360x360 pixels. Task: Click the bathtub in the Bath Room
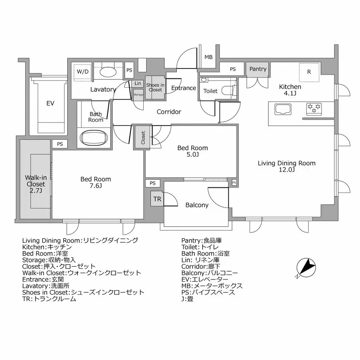pyautogui.click(x=94, y=138)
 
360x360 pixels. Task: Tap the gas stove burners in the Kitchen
pyautogui.click(x=314, y=108)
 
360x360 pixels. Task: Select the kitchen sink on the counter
pyautogui.click(x=283, y=109)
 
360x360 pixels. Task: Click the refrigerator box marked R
pyautogui.click(x=309, y=72)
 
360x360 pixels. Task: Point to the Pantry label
pyautogui.click(x=258, y=69)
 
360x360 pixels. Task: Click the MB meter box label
pyautogui.click(x=208, y=57)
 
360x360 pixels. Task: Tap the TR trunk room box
pyautogui.click(x=157, y=199)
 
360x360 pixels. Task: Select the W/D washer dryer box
pyautogui.click(x=83, y=72)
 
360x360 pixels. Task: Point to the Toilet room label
pyautogui.click(x=210, y=91)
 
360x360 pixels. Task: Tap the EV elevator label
pyautogui.click(x=50, y=103)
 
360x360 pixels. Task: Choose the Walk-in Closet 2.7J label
pyautogui.click(x=36, y=184)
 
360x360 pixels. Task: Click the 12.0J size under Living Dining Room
pyautogui.click(x=287, y=170)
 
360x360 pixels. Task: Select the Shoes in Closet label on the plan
pyautogui.click(x=155, y=88)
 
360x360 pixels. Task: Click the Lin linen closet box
pyautogui.click(x=138, y=83)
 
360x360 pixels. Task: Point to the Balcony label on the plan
pyautogui.click(x=197, y=205)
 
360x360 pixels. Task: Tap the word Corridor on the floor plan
pyautogui.click(x=169, y=112)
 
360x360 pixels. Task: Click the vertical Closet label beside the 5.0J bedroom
pyautogui.click(x=143, y=137)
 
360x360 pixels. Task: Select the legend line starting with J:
pyautogui.click(x=187, y=299)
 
